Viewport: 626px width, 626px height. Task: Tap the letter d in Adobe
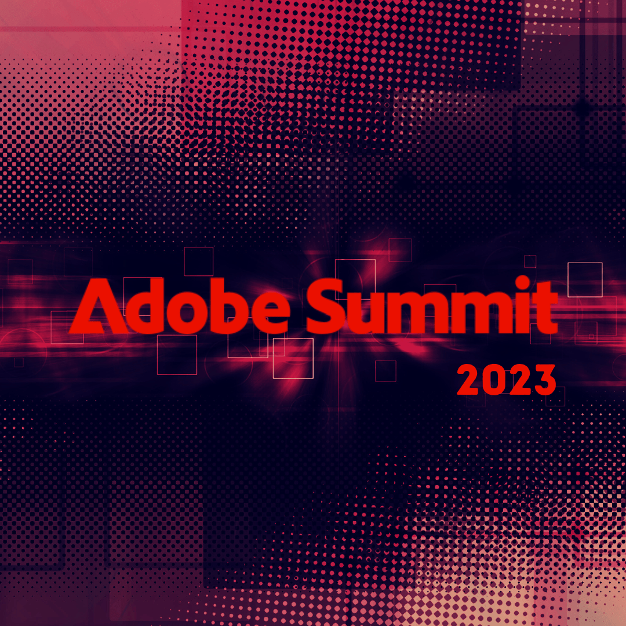coord(145,305)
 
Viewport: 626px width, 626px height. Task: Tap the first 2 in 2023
coord(468,380)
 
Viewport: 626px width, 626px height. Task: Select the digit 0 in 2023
coord(494,380)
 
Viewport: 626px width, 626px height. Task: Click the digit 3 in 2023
coord(544,380)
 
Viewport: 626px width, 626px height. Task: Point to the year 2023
coord(506,380)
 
